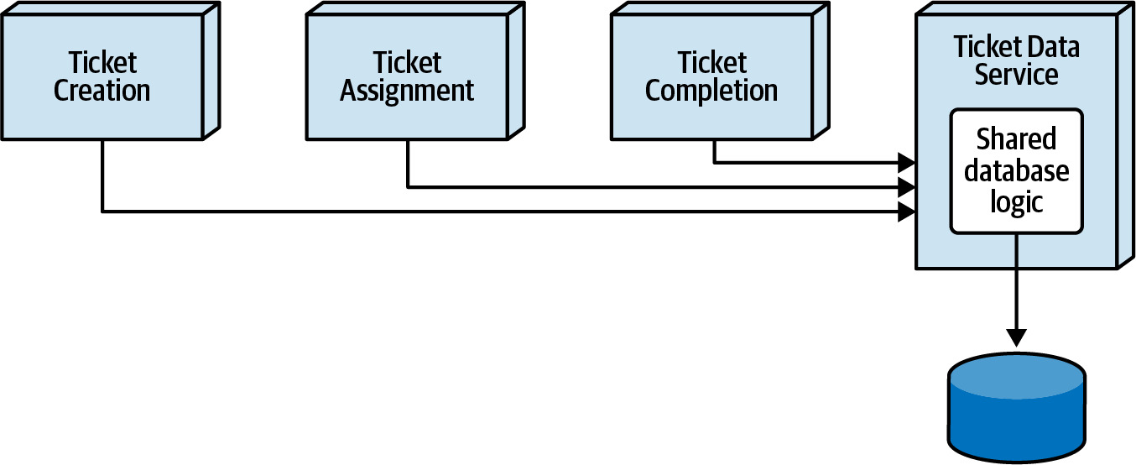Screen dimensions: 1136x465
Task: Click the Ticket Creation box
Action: (x=111, y=71)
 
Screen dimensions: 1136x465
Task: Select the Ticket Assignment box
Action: (x=414, y=71)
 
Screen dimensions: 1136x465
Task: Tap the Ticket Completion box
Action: (x=720, y=71)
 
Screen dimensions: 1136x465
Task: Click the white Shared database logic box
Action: (x=1016, y=171)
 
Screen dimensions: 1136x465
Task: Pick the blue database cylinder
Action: (x=1016, y=408)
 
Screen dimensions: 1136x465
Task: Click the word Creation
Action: (x=102, y=91)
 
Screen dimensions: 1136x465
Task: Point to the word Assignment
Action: (x=407, y=91)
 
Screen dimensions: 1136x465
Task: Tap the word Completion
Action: (x=711, y=91)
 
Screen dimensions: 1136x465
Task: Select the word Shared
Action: (x=1016, y=138)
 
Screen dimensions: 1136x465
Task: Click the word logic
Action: (x=1016, y=203)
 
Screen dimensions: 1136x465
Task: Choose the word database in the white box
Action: (x=1016, y=171)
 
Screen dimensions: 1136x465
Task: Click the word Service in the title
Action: (x=1016, y=75)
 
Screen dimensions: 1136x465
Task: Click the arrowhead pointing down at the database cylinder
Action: (x=1016, y=338)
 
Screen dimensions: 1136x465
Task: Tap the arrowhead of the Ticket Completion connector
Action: (x=907, y=163)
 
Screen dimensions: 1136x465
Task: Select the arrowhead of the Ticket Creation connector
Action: (x=907, y=212)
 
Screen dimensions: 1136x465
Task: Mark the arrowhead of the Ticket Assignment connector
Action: (x=907, y=187)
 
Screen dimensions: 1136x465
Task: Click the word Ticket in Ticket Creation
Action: (x=102, y=62)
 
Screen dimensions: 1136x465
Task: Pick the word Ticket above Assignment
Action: (x=407, y=62)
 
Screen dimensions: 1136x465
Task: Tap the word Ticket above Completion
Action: (x=712, y=62)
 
